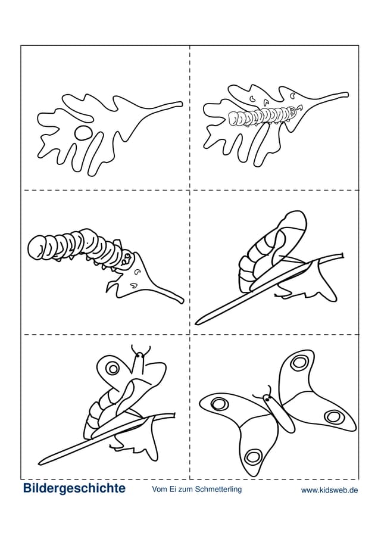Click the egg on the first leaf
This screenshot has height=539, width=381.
83,133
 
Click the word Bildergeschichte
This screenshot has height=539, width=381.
74,488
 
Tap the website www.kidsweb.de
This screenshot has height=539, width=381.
329,490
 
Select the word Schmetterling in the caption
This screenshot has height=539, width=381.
218,489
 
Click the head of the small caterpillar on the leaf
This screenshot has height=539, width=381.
292,111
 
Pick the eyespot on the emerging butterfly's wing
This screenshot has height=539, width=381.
113,369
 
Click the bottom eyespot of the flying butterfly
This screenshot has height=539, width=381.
253,457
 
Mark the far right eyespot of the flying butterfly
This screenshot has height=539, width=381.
333,417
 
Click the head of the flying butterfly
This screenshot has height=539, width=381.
267,399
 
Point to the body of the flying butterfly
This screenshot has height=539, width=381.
279,412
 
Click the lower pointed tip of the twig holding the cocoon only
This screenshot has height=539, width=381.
197,323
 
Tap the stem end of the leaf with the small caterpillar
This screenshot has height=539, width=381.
346,95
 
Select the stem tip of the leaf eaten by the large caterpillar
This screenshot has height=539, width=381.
182,301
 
